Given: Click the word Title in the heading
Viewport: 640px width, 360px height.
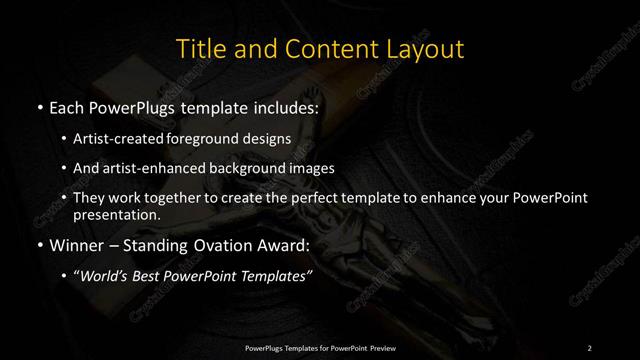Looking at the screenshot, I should click(x=200, y=48).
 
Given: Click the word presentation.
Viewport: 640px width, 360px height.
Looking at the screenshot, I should click(x=117, y=214).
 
